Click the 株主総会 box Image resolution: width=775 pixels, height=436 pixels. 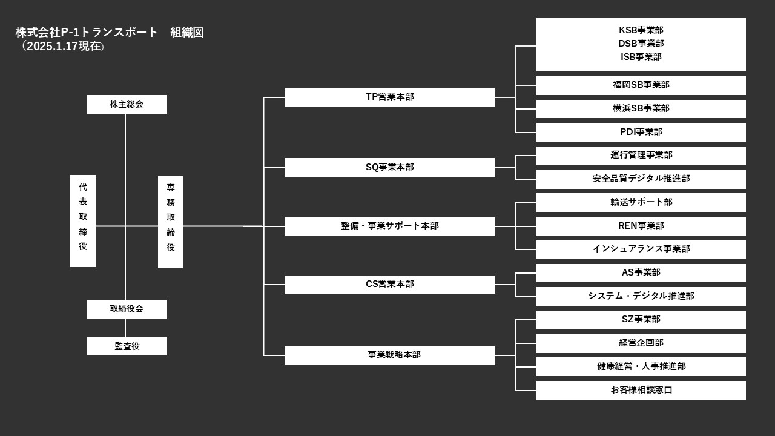click(x=127, y=104)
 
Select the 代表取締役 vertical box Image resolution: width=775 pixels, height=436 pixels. click(x=83, y=221)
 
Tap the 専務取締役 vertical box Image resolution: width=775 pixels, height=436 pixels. click(x=171, y=222)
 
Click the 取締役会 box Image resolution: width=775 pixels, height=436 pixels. click(x=127, y=309)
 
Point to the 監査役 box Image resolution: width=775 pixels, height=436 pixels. click(x=127, y=346)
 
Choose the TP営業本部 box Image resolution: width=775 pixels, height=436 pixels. click(x=389, y=97)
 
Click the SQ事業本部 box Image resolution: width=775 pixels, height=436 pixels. click(x=389, y=167)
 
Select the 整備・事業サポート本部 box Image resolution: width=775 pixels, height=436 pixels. click(x=389, y=226)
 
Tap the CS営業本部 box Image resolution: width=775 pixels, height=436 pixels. click(x=389, y=285)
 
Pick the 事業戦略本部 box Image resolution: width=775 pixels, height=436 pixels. click(x=389, y=355)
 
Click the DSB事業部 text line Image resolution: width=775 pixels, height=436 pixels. click(x=641, y=44)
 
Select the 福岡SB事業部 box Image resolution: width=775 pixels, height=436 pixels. click(x=641, y=85)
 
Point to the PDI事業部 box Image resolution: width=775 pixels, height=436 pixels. click(x=641, y=132)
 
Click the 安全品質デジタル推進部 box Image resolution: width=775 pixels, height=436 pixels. click(x=641, y=179)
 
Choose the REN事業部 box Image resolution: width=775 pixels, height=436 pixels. click(x=641, y=226)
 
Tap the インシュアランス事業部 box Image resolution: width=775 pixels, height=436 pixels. click(x=641, y=249)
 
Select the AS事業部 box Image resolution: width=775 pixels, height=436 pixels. click(x=641, y=272)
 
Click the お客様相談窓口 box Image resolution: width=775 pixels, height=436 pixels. click(x=641, y=390)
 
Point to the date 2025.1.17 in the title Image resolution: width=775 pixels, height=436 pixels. click(x=53, y=47)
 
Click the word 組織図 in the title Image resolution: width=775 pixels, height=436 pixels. click(x=187, y=33)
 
